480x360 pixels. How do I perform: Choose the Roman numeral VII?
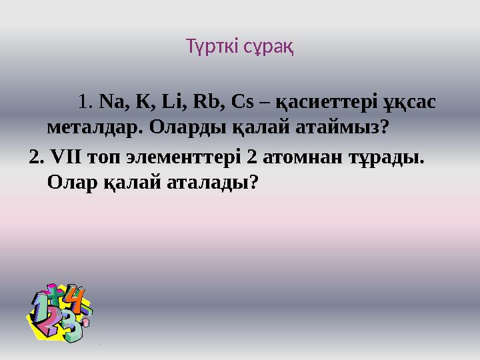click(x=67, y=159)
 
